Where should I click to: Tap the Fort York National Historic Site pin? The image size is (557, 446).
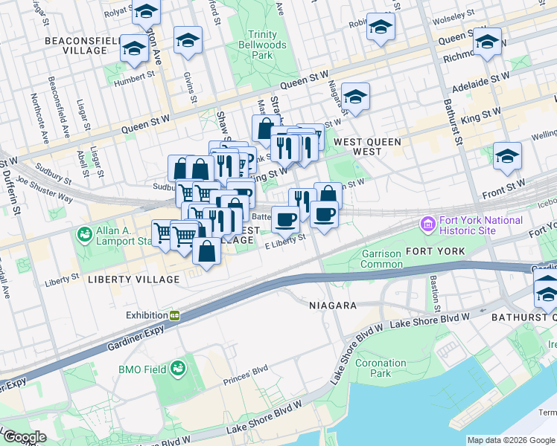[428, 223]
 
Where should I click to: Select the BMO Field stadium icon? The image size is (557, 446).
[178, 368]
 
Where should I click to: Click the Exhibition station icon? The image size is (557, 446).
[175, 315]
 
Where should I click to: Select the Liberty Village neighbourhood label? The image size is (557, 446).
[133, 279]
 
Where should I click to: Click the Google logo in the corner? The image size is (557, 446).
[25, 437]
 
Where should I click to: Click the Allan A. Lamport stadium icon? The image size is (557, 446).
[84, 235]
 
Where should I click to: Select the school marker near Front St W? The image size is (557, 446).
[507, 156]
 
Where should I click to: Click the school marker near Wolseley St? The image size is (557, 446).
[381, 28]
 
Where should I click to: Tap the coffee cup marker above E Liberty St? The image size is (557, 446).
[284, 219]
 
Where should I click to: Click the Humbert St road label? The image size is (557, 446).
[133, 74]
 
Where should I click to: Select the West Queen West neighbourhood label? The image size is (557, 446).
[367, 146]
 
